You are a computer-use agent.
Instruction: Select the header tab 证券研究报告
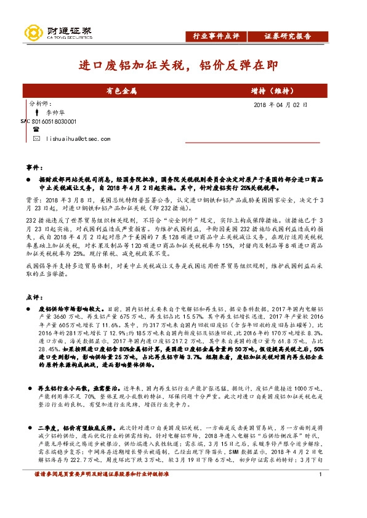(288, 36)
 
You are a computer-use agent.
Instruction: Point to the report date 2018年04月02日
(280, 105)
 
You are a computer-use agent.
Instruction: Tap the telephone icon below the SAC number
(36, 130)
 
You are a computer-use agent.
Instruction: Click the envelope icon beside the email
(36, 140)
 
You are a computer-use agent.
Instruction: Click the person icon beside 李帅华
(37, 114)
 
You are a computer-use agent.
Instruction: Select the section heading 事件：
(34, 167)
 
